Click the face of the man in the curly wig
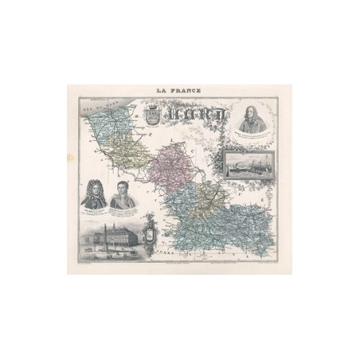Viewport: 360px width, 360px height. click(92, 191)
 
